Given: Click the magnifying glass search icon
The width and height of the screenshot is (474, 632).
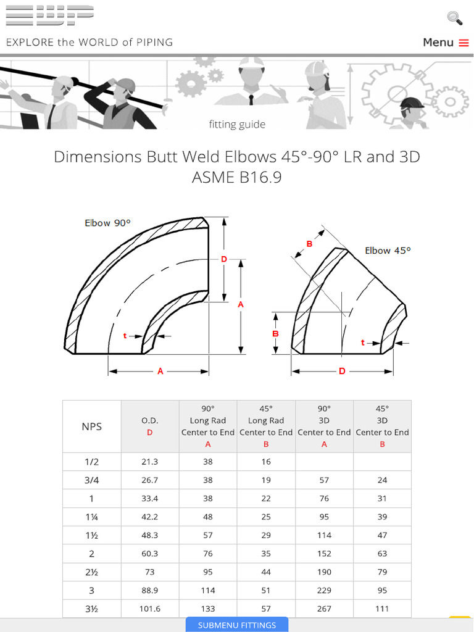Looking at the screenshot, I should tap(455, 18).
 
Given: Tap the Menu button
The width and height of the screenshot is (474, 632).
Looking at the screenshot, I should tap(446, 43).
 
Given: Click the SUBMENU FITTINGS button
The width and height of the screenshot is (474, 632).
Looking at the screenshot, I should tap(237, 625).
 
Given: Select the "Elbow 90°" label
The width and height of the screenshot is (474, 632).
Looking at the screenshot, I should tap(108, 223).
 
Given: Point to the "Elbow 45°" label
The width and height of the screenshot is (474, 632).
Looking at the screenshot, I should tap(388, 251).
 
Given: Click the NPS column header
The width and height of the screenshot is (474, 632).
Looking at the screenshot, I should tap(92, 426).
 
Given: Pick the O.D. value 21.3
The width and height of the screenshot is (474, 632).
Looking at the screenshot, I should tap(150, 462).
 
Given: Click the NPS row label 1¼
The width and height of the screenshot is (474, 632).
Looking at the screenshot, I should tap(92, 517).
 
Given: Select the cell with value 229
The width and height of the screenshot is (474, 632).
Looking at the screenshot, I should tap(324, 591).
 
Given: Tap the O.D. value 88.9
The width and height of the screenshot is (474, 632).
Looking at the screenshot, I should tap(150, 591).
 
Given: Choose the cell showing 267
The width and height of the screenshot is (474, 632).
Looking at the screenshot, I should tap(324, 609).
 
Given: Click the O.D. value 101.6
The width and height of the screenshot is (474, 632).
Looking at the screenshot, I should tap(150, 609).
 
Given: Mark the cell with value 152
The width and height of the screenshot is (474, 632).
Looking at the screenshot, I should tap(324, 554).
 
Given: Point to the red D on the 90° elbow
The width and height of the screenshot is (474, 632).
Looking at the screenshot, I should tap(224, 259).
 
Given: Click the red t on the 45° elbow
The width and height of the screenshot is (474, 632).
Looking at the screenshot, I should tap(363, 342).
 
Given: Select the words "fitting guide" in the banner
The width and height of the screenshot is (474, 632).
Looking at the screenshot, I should tap(237, 125).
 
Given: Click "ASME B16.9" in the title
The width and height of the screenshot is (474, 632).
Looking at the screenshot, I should tap(237, 178).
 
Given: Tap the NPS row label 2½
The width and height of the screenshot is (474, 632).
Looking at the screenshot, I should tap(92, 572).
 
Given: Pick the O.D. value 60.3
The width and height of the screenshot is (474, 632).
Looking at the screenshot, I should tap(150, 554).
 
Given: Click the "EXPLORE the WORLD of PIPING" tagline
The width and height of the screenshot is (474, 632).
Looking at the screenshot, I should tap(89, 43).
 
